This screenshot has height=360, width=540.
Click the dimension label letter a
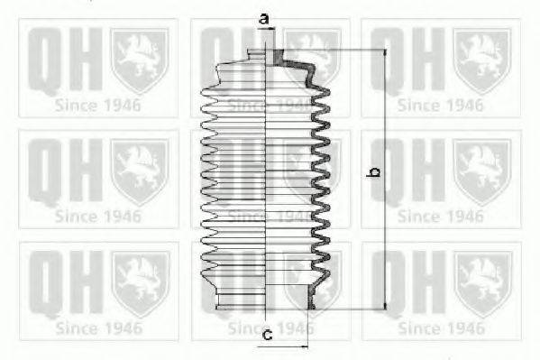(x=264, y=19)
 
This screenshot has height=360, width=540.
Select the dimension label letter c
(x=268, y=334)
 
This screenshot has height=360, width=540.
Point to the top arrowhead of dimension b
(x=385, y=52)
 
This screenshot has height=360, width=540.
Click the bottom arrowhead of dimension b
(x=385, y=306)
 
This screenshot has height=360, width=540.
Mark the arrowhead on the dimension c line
(x=304, y=346)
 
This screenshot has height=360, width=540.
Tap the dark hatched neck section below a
(x=278, y=57)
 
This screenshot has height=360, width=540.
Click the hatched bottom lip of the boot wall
(x=311, y=297)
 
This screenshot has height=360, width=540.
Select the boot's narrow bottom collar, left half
(x=241, y=301)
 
